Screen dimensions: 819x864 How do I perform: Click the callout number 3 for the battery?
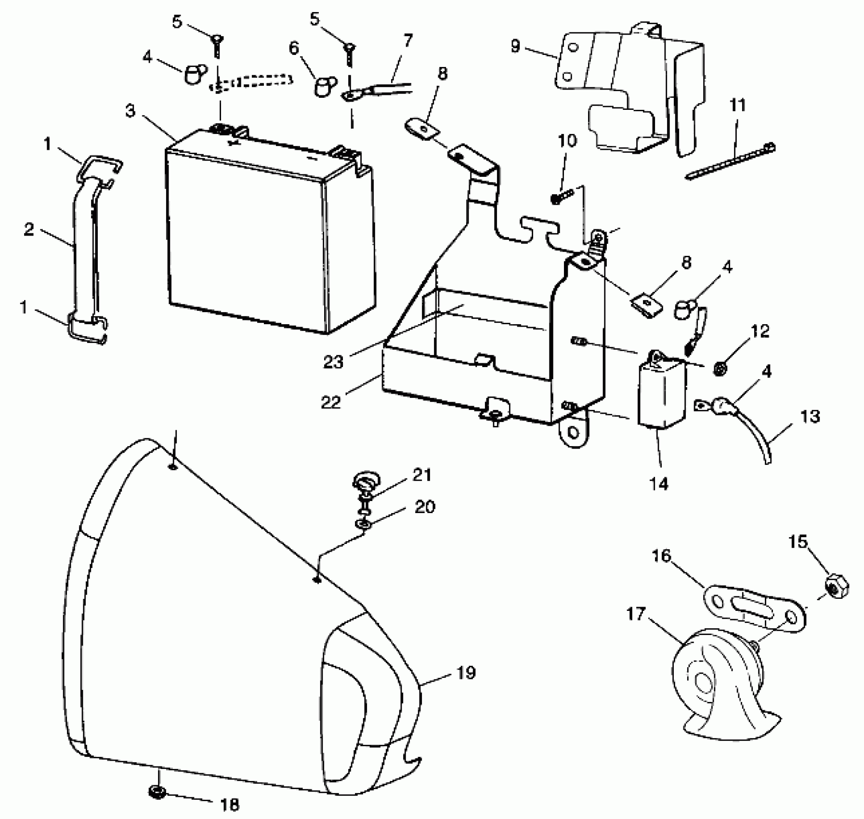[x=131, y=111]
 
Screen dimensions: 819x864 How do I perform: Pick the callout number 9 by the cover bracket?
[x=516, y=47]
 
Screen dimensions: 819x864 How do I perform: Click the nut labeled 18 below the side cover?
[x=157, y=792]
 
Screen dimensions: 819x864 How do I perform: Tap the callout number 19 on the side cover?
[x=466, y=673]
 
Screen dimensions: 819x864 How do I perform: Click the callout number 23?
[x=333, y=362]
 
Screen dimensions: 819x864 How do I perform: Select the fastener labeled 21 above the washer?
[x=367, y=484]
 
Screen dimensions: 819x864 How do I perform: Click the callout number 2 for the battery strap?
[x=29, y=230]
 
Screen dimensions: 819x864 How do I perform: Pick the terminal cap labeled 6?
[x=322, y=87]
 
